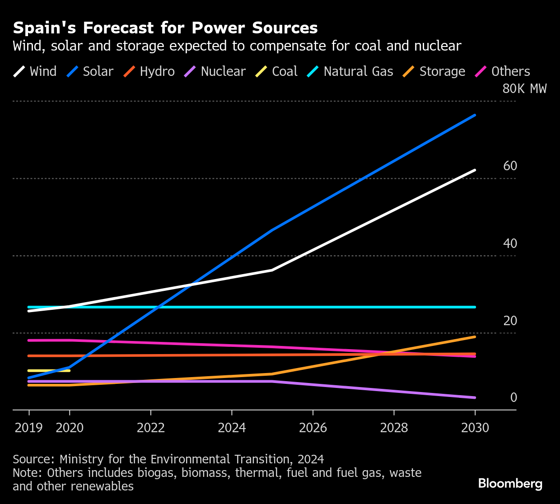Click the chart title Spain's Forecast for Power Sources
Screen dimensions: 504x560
[165, 28]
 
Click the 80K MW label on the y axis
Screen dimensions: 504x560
[524, 89]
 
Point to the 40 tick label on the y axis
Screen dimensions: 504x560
[510, 243]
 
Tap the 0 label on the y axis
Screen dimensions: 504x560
[513, 397]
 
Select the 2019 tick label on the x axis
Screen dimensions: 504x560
[29, 428]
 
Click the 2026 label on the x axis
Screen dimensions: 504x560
[313, 428]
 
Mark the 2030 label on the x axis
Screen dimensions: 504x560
[475, 428]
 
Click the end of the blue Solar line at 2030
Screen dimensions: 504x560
[475, 115]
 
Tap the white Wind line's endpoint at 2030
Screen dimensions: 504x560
[475, 170]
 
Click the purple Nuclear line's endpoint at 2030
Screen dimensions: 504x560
[475, 397]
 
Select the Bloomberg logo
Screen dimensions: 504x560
[510, 484]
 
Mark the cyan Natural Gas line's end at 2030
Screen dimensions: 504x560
[475, 307]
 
